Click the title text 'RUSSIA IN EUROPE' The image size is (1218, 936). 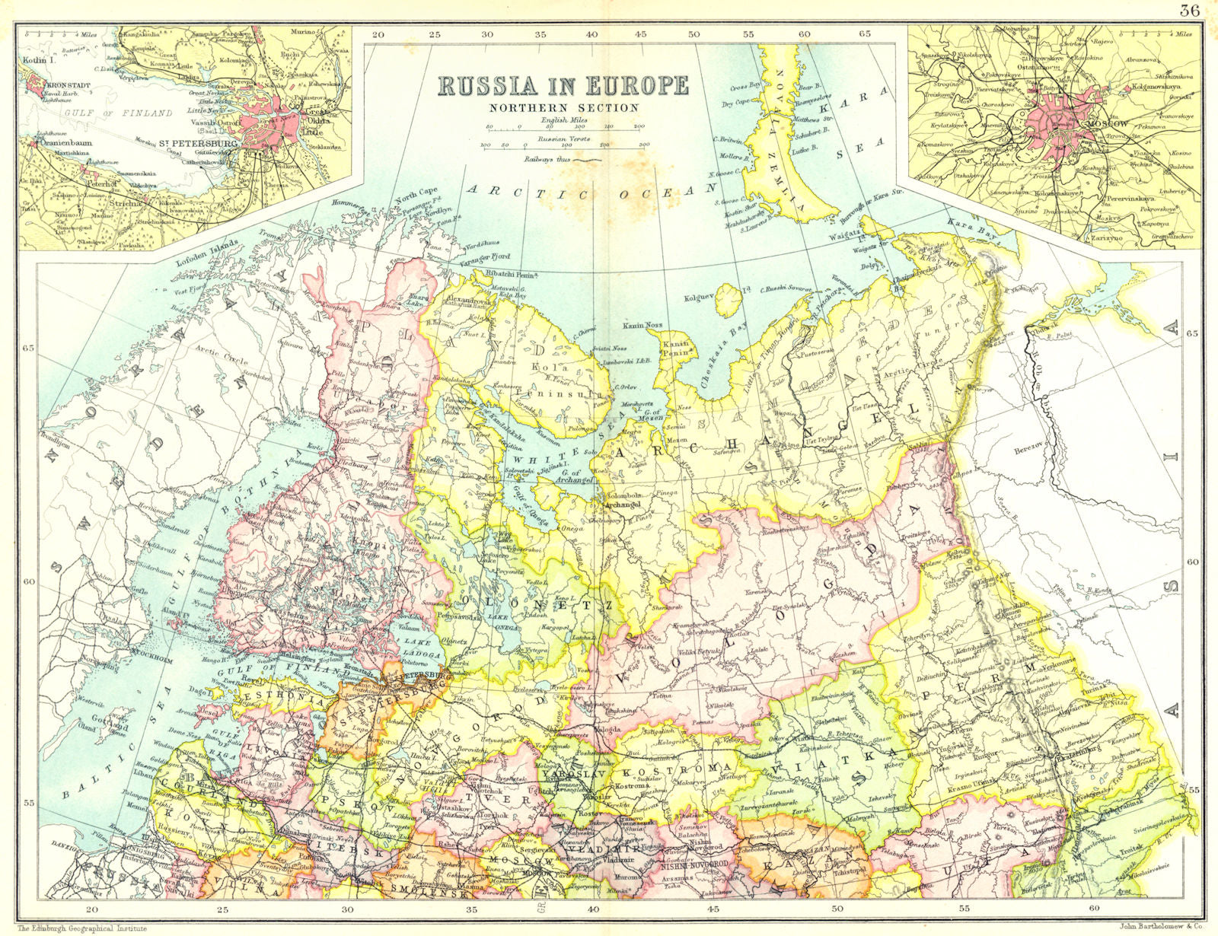[x=563, y=84]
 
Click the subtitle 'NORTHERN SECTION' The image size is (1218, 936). [x=563, y=107]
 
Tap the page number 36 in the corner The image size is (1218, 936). [x=1189, y=10]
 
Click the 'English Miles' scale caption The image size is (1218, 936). [x=563, y=120]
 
